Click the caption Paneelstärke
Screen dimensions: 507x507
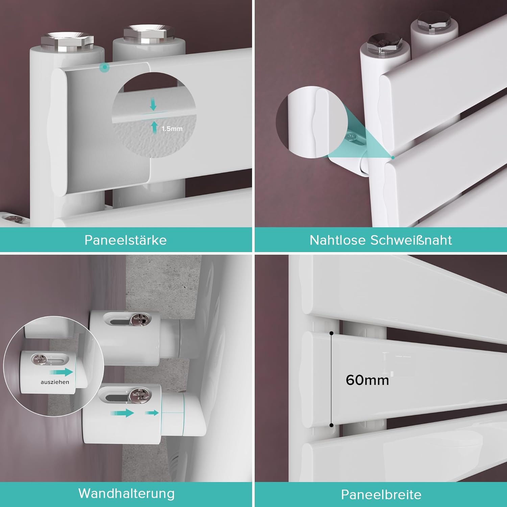(x=125, y=240)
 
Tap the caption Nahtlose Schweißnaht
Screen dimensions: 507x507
(x=381, y=240)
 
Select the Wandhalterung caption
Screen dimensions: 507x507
(x=126, y=494)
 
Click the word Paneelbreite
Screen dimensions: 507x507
(x=381, y=495)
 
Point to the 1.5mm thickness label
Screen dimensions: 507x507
(x=172, y=129)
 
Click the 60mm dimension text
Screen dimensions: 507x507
(x=367, y=380)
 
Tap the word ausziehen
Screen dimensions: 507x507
(x=55, y=382)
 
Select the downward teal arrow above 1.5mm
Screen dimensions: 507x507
(x=153, y=104)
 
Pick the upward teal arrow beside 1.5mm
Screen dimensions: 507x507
(x=154, y=127)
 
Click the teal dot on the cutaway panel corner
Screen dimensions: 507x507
(x=105, y=67)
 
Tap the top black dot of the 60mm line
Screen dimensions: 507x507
(x=332, y=333)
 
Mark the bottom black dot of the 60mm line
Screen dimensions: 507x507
(x=332, y=425)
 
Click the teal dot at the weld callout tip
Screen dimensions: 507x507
(x=393, y=158)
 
